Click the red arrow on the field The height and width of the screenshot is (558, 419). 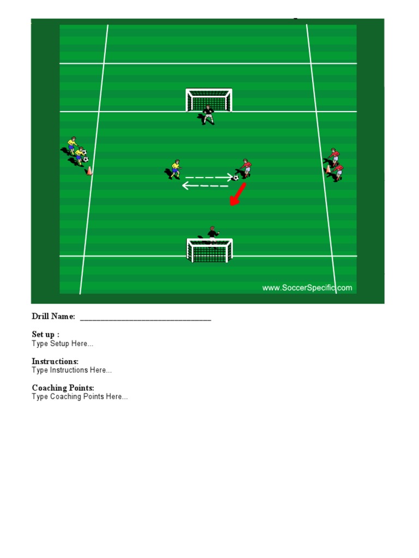tap(238, 195)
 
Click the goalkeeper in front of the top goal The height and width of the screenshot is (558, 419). tap(208, 114)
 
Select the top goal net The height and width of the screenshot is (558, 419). tap(208, 100)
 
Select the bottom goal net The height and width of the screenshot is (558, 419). tap(209, 250)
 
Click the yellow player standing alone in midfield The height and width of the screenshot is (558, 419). tap(175, 169)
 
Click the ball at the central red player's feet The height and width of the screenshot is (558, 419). tap(236, 177)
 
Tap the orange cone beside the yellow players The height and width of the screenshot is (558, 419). tap(89, 171)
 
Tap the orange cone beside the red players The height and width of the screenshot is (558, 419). tap(328, 169)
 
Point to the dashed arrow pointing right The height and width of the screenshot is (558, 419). tap(209, 177)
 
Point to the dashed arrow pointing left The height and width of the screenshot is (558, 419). tap(205, 186)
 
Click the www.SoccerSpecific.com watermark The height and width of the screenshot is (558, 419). tap(307, 288)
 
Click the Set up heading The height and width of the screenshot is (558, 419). tap(46, 334)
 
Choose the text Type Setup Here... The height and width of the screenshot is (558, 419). tap(63, 344)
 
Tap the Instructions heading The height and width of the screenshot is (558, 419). tap(55, 361)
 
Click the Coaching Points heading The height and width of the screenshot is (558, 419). tap(63, 387)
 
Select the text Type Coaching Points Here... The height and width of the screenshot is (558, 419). tap(80, 397)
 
